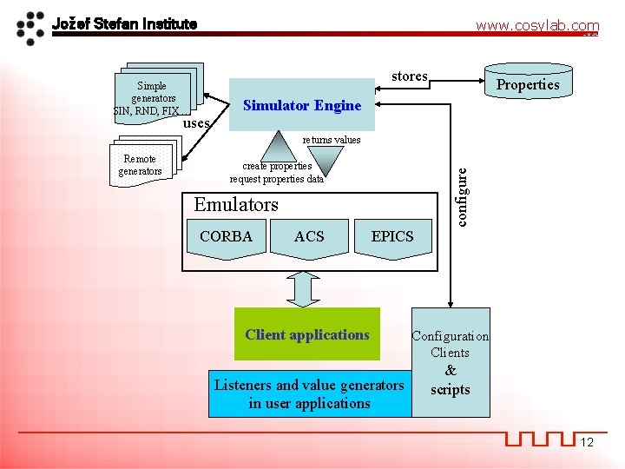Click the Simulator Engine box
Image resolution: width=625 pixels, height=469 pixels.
tap(302, 106)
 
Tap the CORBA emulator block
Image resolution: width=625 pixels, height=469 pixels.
tap(226, 239)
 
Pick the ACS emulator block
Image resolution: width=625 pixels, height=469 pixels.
tap(309, 239)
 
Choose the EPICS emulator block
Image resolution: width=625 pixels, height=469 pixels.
tap(392, 239)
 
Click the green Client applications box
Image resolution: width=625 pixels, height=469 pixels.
tap(307, 334)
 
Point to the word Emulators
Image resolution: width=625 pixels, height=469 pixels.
tap(236, 205)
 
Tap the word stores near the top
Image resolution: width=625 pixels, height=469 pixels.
tap(409, 76)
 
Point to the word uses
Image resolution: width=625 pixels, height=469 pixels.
tap(196, 123)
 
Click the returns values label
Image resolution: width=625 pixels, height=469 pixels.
tap(331, 139)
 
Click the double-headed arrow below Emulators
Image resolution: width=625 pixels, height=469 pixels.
tap(304, 288)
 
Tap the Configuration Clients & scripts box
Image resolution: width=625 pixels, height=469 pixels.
tap(451, 362)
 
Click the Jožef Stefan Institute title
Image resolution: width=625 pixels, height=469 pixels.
tap(124, 23)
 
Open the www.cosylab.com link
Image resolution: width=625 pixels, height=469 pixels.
tap(536, 27)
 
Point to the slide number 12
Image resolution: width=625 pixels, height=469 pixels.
tap(587, 443)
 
